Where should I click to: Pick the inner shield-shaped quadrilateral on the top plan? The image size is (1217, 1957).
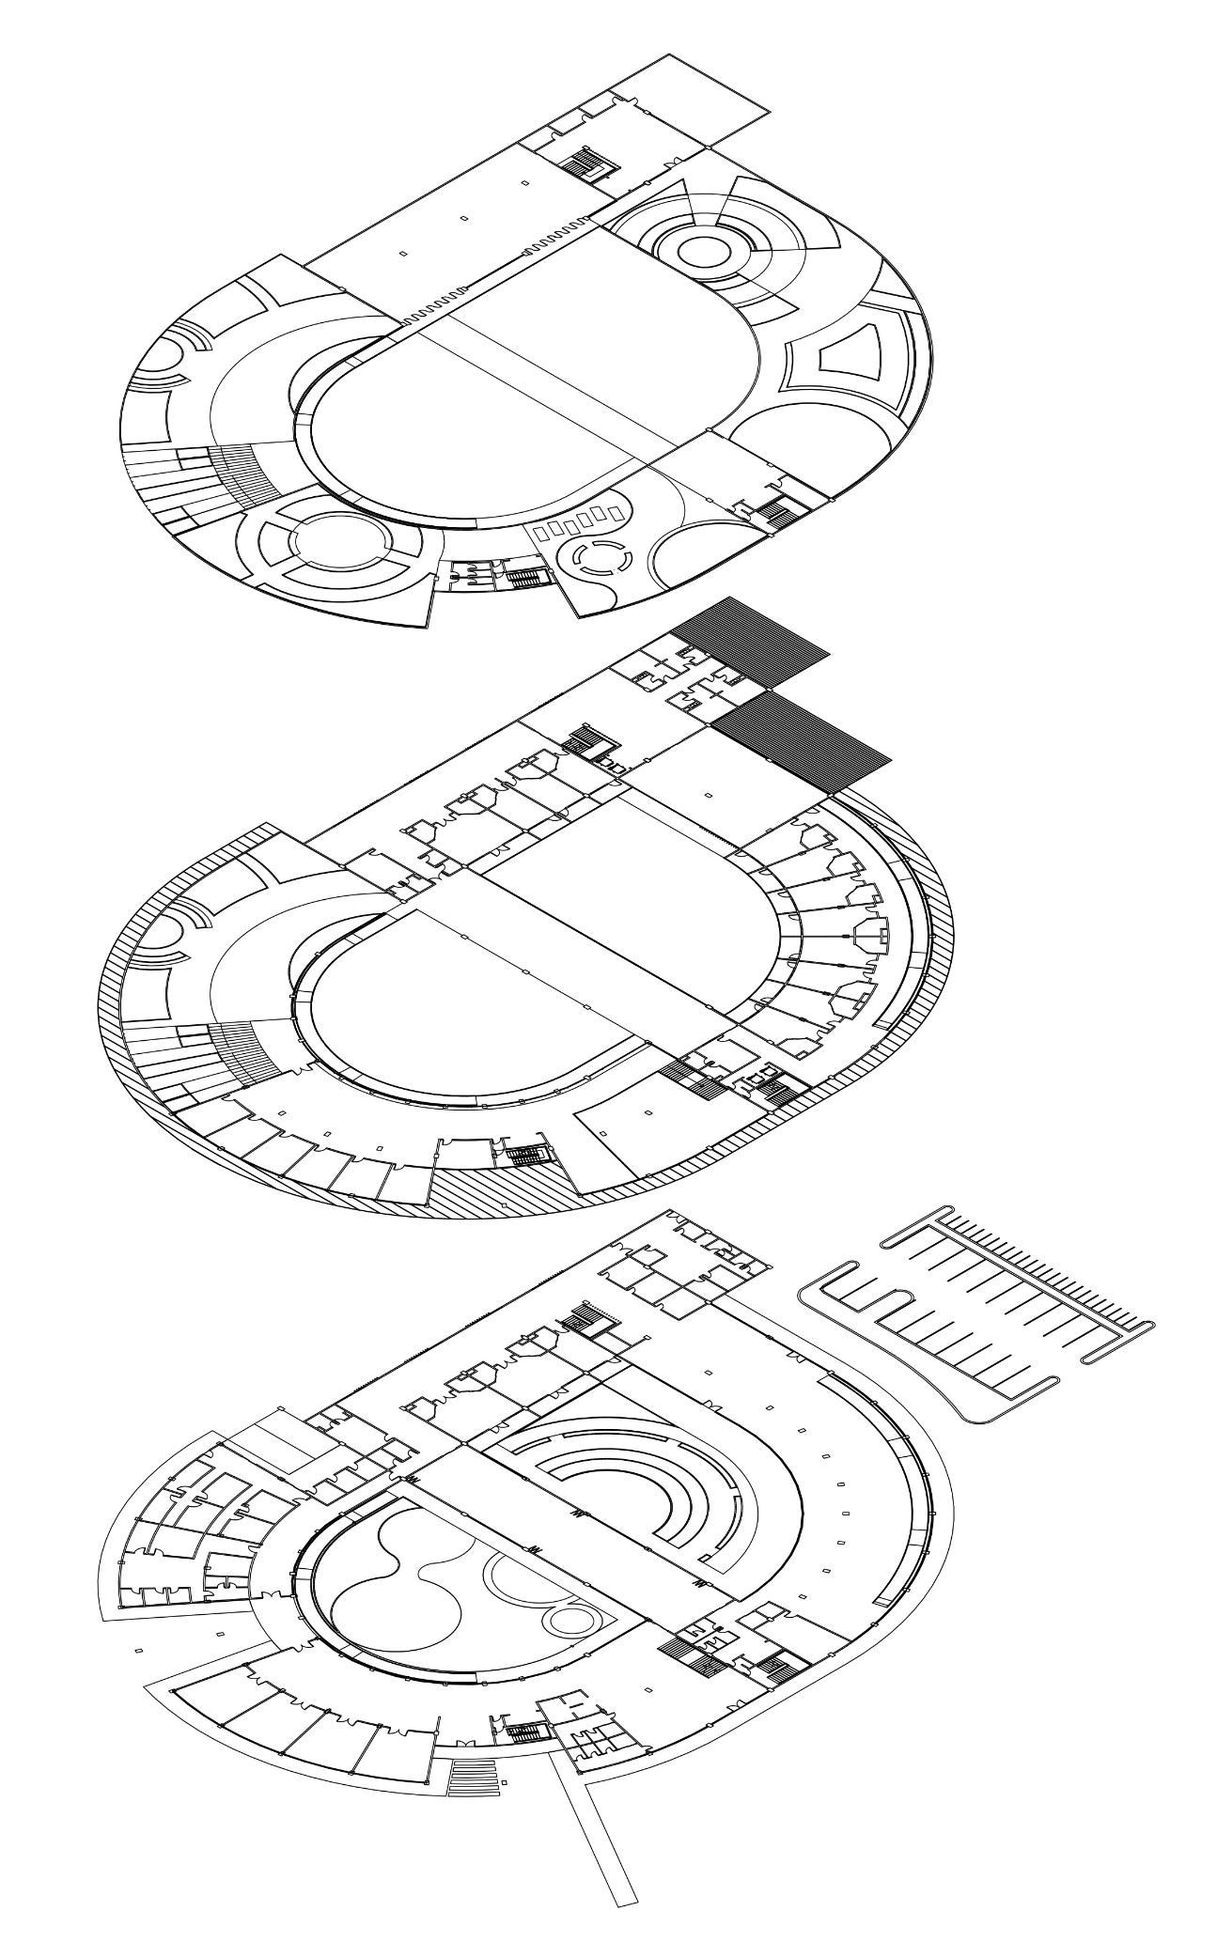[x=849, y=353]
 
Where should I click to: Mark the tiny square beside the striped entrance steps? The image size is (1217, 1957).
[x=505, y=1782]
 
